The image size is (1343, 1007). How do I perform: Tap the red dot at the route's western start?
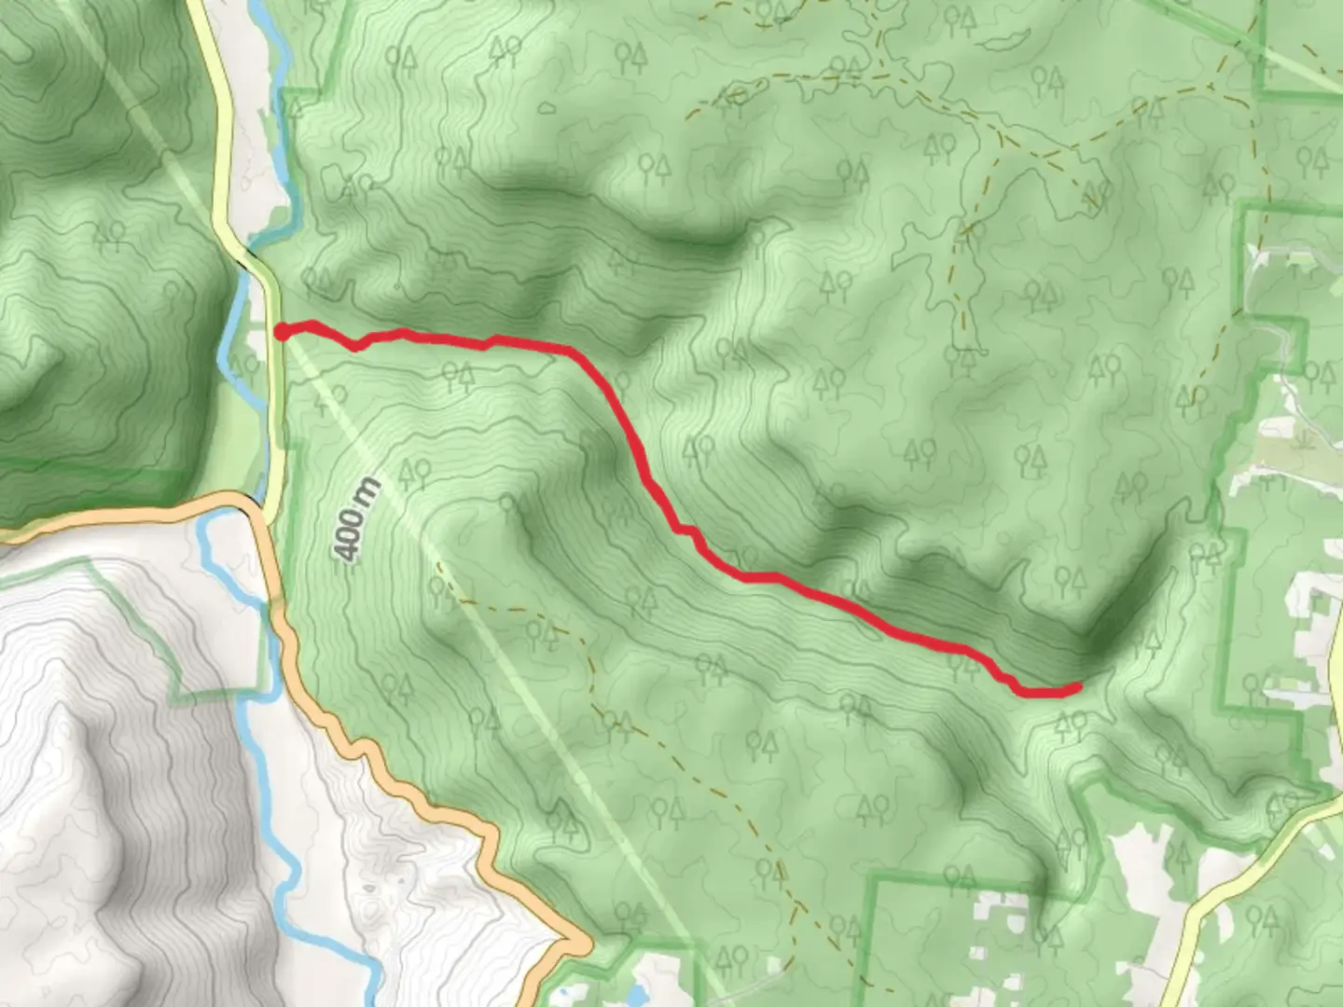pyautogui.click(x=281, y=331)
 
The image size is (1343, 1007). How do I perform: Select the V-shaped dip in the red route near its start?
pyautogui.click(x=355, y=348)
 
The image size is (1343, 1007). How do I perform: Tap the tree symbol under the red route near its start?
pyautogui.click(x=457, y=377)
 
